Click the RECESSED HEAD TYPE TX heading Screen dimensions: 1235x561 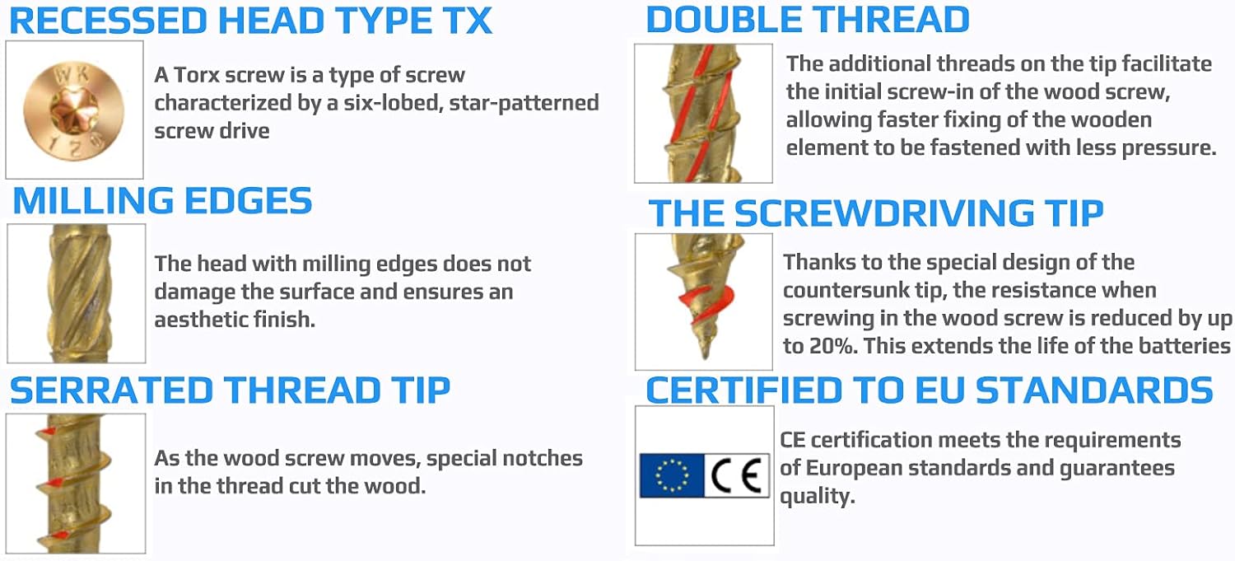click(251, 21)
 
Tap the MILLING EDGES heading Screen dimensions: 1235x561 click(163, 200)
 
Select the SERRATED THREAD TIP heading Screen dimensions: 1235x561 click(230, 390)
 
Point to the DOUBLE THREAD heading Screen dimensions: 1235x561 click(808, 19)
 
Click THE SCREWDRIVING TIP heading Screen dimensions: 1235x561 click(876, 213)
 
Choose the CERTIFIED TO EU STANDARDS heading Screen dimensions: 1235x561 click(930, 390)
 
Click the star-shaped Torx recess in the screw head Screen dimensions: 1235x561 click(71, 110)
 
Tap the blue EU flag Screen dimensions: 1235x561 click(672, 475)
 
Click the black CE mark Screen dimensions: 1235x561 click(737, 475)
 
